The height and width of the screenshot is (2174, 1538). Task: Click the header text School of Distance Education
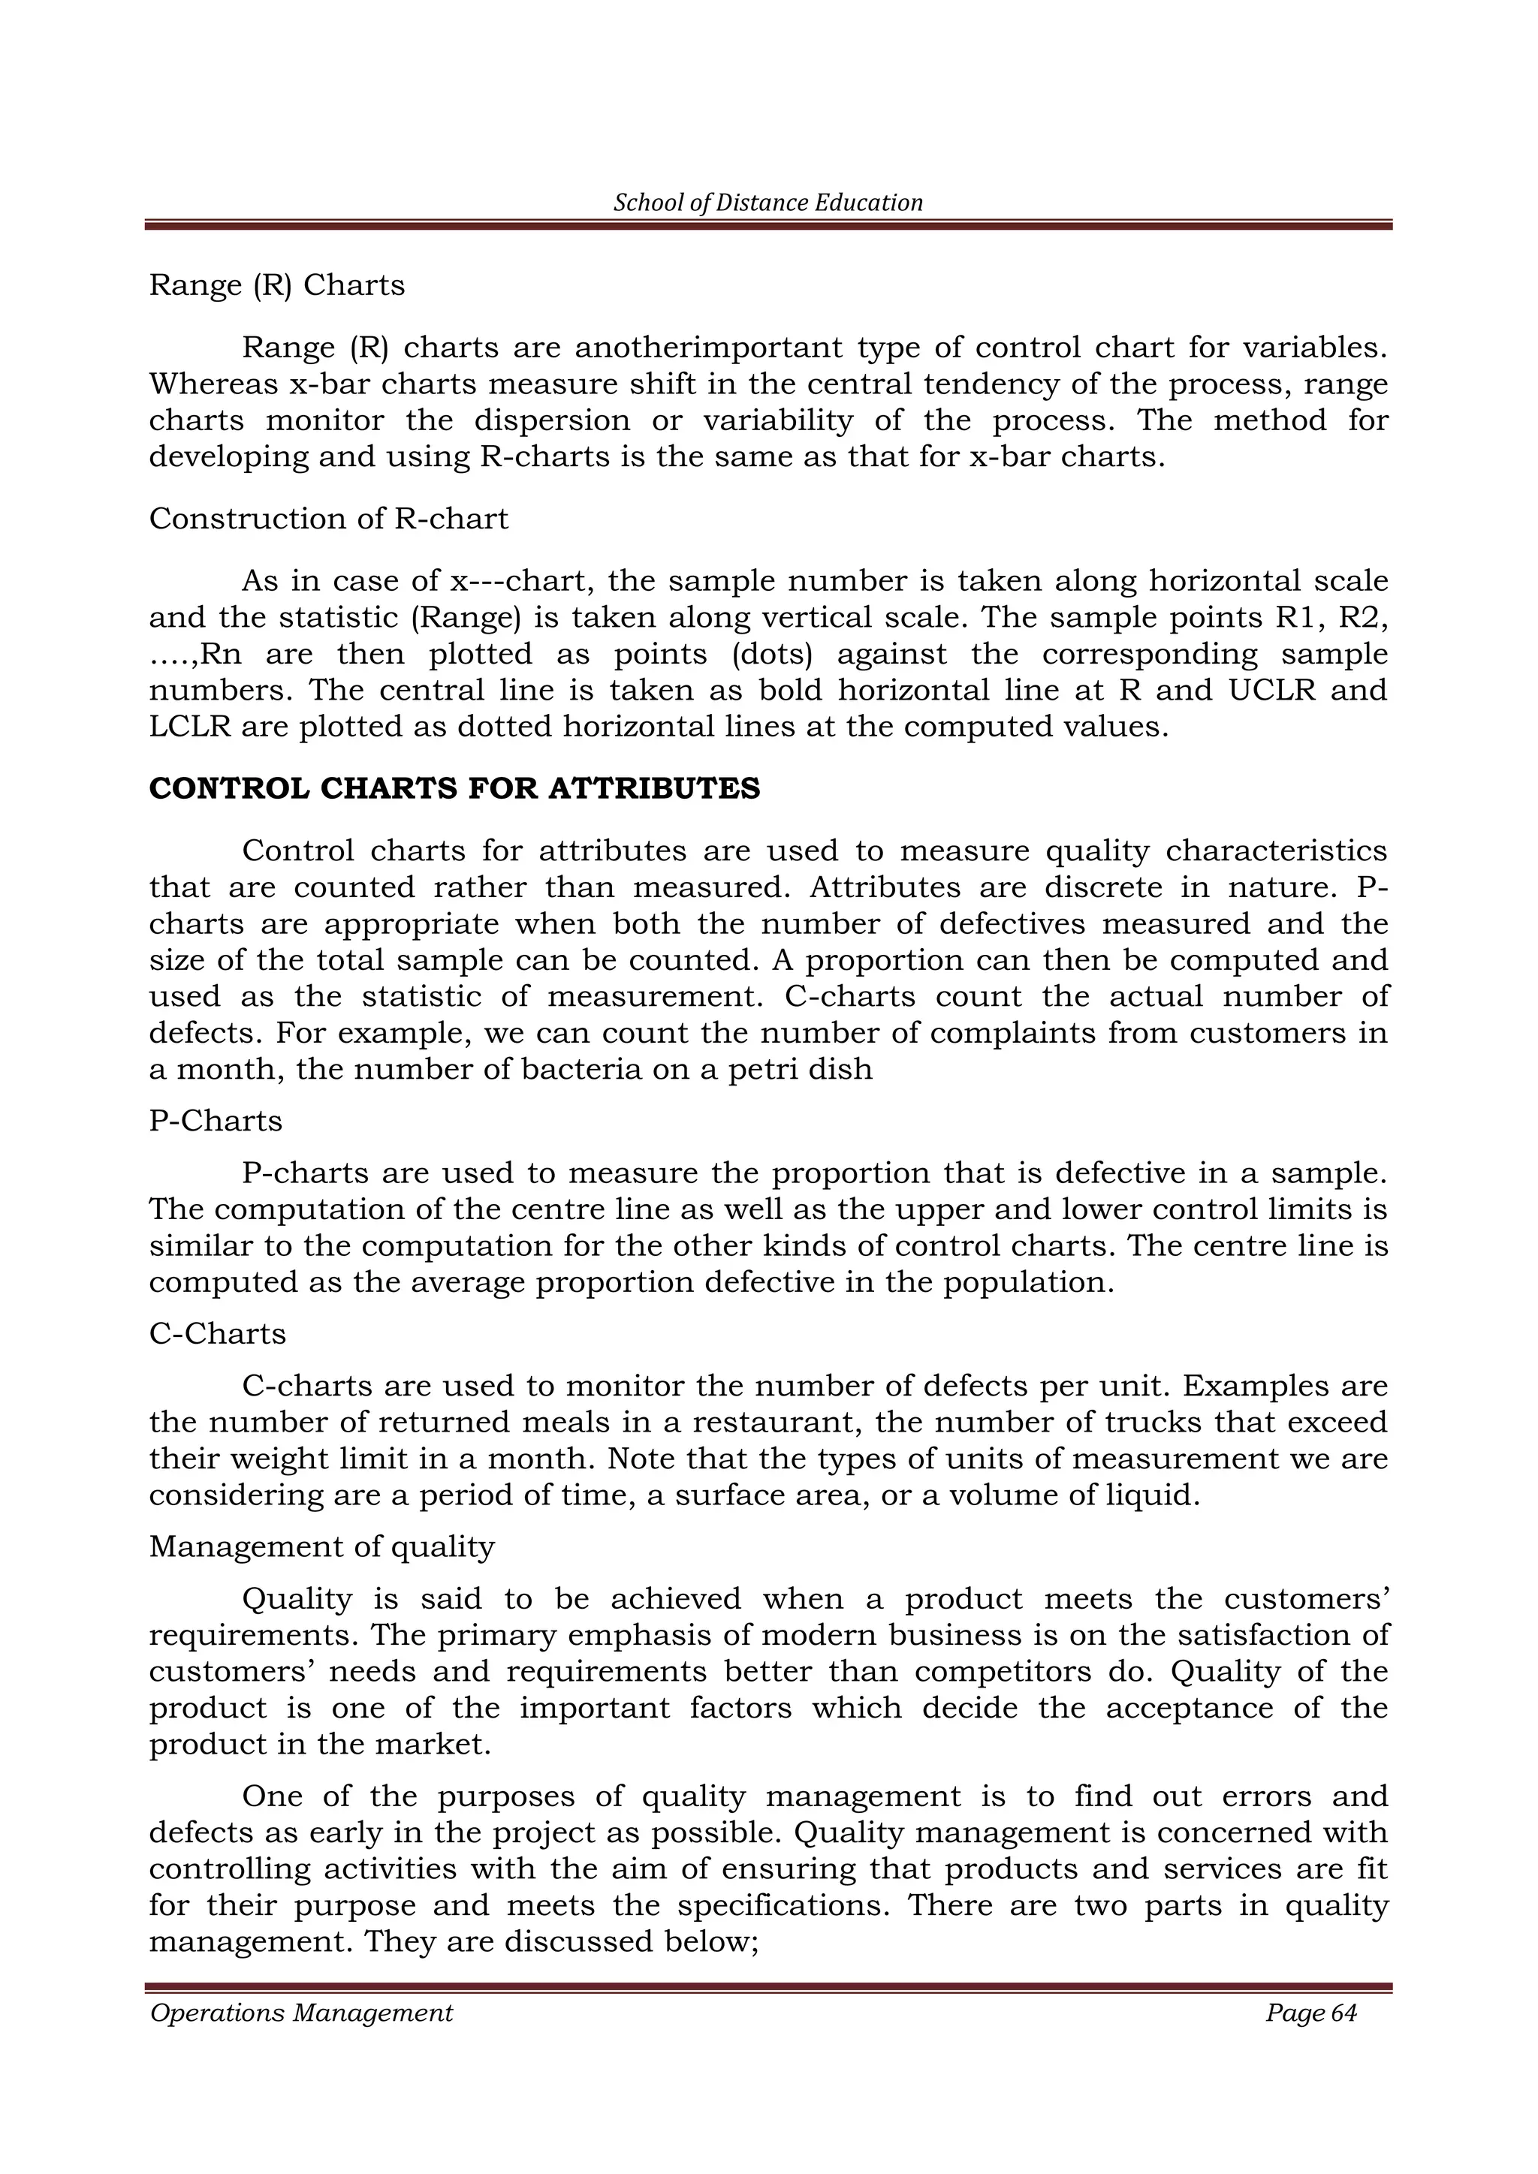click(768, 203)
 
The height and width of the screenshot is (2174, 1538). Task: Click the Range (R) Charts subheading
click(276, 285)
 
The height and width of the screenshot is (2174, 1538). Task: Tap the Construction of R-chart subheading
click(329, 519)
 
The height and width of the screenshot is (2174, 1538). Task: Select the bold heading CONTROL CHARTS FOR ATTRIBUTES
click(454, 789)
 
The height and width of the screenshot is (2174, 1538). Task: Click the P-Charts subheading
click(216, 1121)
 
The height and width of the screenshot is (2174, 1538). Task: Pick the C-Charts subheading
click(218, 1334)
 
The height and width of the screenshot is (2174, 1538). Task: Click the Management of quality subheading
click(322, 1547)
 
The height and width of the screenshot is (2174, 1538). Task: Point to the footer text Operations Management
click(301, 2013)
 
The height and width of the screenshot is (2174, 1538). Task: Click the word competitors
click(1003, 1671)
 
